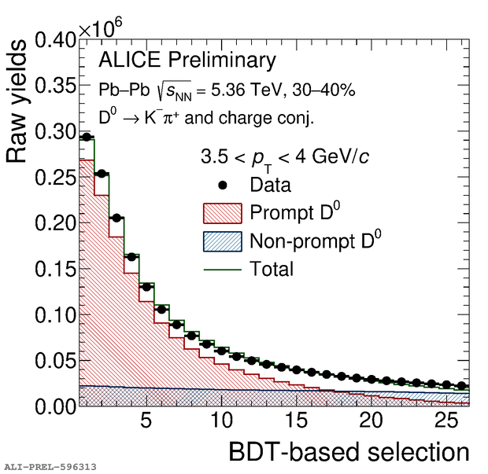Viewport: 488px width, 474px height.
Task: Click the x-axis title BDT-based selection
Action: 349,452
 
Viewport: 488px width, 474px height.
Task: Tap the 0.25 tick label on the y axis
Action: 55,177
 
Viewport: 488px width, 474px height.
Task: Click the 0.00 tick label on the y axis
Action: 55,406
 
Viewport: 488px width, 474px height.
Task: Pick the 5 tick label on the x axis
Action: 145,421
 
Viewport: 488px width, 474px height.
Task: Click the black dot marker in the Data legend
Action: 223,186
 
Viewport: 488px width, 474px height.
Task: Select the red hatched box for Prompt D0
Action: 222,213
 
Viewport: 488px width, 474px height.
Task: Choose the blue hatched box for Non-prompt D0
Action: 222,241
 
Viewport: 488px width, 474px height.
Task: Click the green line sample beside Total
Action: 222,269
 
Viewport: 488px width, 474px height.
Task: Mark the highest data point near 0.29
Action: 87,137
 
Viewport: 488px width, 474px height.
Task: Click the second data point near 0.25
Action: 102,174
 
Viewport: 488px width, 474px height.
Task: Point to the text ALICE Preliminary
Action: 187,61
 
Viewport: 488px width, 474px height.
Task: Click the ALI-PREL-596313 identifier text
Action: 50,466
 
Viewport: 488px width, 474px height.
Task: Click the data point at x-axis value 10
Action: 222,351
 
